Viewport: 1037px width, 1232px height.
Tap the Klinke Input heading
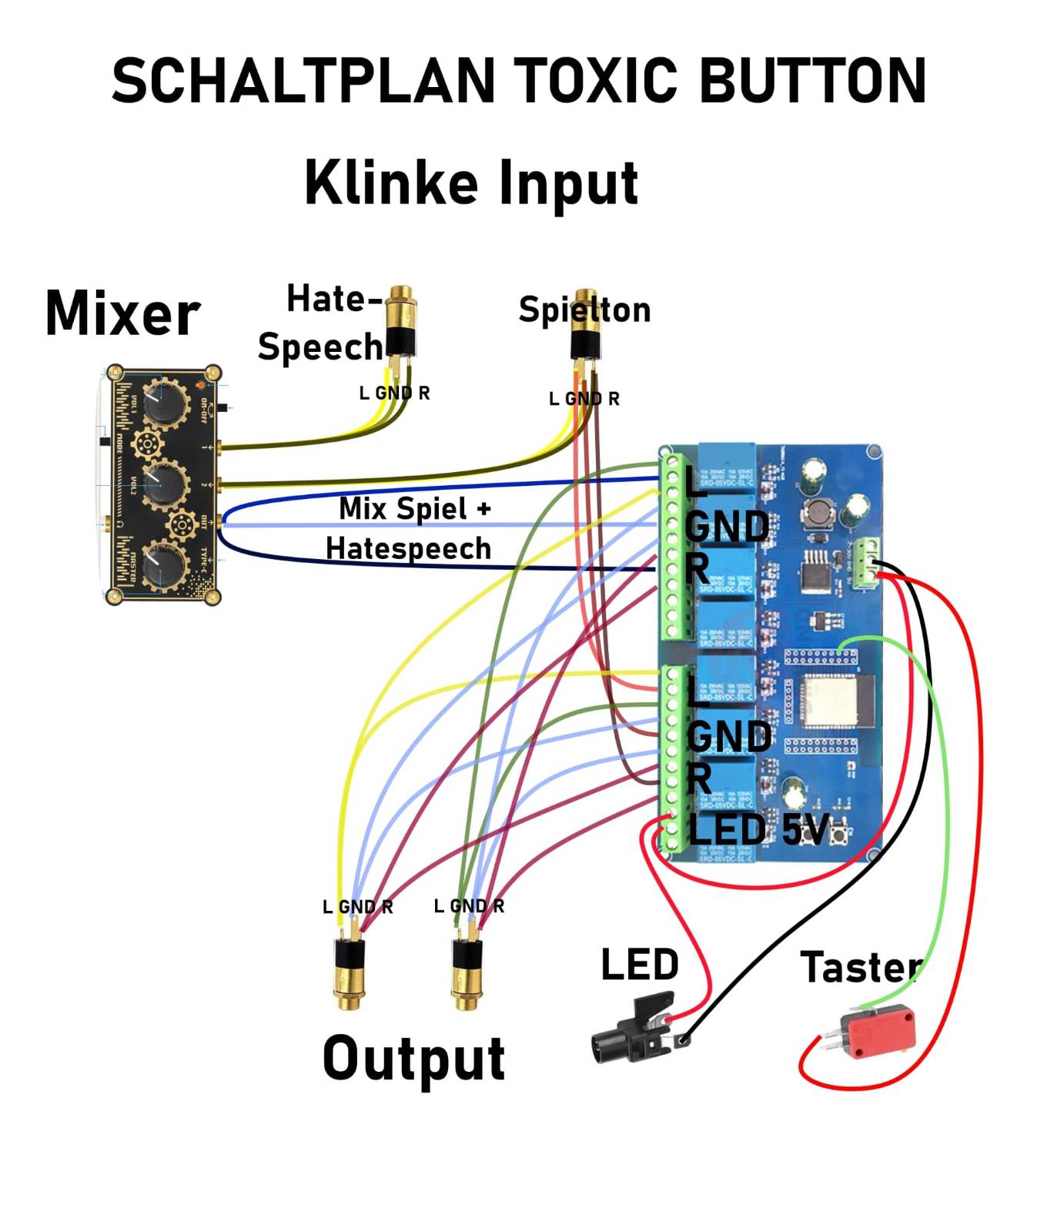pyautogui.click(x=471, y=182)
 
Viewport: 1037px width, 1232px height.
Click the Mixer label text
pyautogui.click(x=122, y=313)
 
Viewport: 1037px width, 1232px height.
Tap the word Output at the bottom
pyautogui.click(x=413, y=1059)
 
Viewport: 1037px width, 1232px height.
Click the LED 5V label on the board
pyautogui.click(x=758, y=830)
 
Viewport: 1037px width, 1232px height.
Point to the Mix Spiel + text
pyautogui.click(x=414, y=509)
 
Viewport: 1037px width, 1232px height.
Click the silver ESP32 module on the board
pyautogui.click(x=830, y=699)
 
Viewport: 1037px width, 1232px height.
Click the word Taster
pyautogui.click(x=861, y=968)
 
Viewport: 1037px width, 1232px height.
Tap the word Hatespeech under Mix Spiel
pyautogui.click(x=408, y=549)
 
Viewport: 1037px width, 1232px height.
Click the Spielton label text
pyautogui.click(x=584, y=310)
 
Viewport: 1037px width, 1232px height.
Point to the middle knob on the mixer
pyautogui.click(x=164, y=483)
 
